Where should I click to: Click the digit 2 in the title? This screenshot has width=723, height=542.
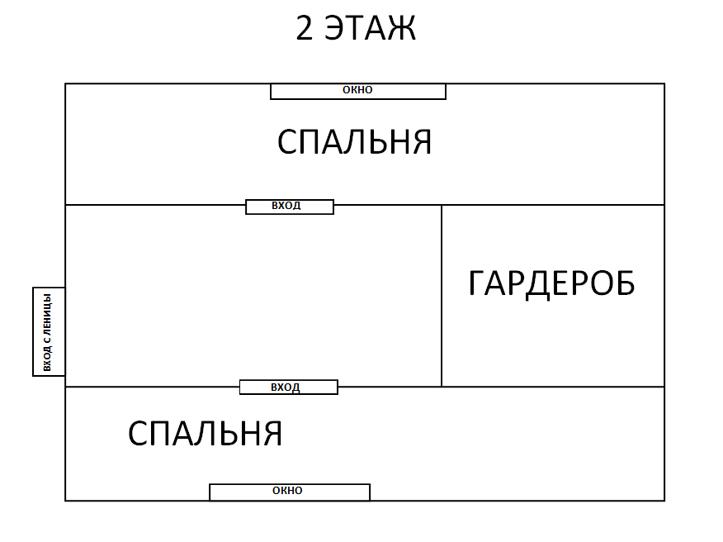(x=305, y=28)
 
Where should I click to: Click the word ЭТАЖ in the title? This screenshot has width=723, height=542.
(x=371, y=28)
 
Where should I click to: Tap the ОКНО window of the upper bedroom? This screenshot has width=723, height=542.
(x=358, y=91)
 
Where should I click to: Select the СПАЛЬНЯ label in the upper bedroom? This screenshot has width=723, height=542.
(x=355, y=142)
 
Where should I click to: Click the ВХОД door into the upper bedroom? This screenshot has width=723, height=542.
(x=290, y=207)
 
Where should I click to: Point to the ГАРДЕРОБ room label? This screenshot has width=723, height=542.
(x=551, y=283)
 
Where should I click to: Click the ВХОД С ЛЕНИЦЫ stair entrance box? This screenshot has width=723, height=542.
(x=49, y=331)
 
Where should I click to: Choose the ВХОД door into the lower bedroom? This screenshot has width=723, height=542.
(x=289, y=387)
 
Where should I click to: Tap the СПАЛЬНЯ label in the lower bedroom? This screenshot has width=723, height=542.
(x=206, y=434)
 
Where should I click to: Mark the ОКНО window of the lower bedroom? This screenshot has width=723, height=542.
(x=290, y=492)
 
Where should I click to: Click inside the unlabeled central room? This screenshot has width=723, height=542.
(x=253, y=296)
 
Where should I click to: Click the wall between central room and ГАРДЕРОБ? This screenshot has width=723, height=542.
(x=442, y=296)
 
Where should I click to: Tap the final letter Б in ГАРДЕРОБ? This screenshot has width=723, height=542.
(x=626, y=283)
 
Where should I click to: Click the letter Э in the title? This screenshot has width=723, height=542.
(x=334, y=28)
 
